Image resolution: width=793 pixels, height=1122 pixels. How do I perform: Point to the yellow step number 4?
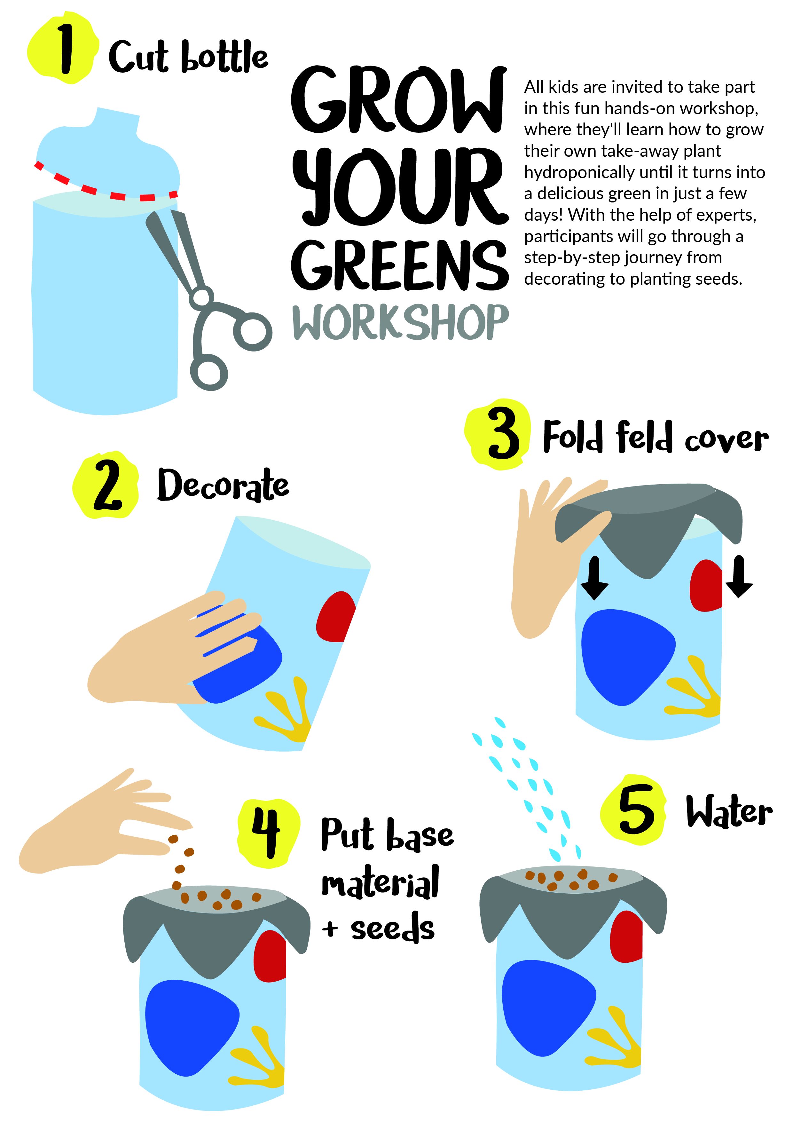coord(268,834)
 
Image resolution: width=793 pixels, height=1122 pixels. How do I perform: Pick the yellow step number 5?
coord(634,811)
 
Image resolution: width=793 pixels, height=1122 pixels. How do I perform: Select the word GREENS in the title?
coord(400,265)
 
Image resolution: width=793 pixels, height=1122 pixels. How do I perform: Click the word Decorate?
coord(223,485)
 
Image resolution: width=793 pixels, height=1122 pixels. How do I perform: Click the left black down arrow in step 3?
coord(594,578)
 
